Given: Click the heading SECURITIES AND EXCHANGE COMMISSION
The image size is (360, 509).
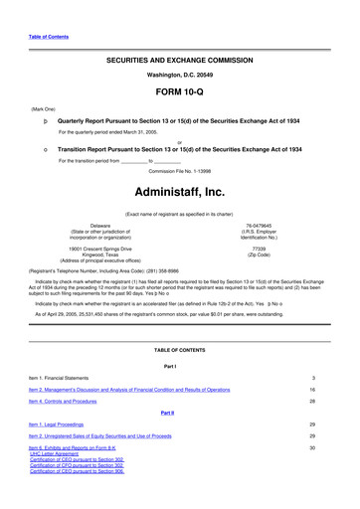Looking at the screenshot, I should (x=179, y=61).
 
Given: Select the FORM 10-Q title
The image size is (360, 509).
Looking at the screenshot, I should (x=179, y=101).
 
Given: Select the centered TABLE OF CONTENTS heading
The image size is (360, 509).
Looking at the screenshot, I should (x=179, y=349).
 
